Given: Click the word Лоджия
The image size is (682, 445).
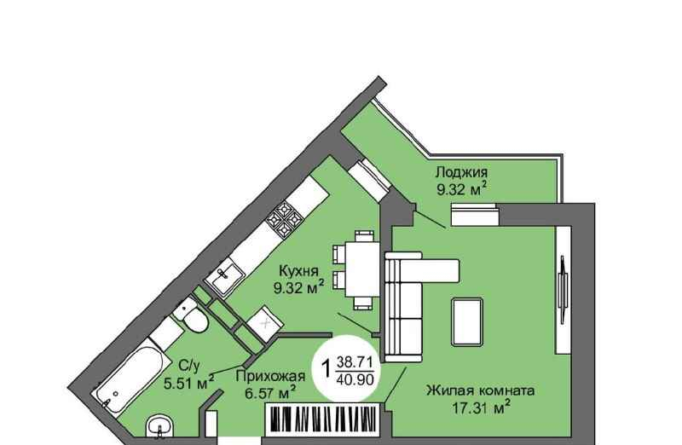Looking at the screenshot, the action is pyautogui.click(x=461, y=172).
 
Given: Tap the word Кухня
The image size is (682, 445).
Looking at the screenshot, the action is pyautogui.click(x=298, y=271).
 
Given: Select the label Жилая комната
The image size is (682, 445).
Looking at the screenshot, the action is pyautogui.click(x=480, y=390).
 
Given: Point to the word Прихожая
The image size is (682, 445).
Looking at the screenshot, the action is pyautogui.click(x=270, y=376).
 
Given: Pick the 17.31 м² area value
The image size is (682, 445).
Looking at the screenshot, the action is pyautogui.click(x=481, y=408).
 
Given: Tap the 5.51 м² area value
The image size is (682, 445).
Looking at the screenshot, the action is pyautogui.click(x=188, y=384).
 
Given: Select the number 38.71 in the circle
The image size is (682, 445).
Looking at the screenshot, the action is pyautogui.click(x=355, y=361).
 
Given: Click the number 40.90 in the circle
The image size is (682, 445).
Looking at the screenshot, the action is pyautogui.click(x=355, y=379).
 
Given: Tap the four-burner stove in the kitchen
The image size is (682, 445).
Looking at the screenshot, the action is pyautogui.click(x=284, y=218).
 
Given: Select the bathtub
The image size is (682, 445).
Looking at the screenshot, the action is pyautogui.click(x=130, y=375).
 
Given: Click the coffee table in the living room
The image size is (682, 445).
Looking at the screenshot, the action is pyautogui.click(x=467, y=321).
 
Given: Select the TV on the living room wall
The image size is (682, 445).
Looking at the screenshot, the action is pyautogui.click(x=564, y=290).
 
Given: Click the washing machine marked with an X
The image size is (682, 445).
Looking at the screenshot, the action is pyautogui.click(x=265, y=322).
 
